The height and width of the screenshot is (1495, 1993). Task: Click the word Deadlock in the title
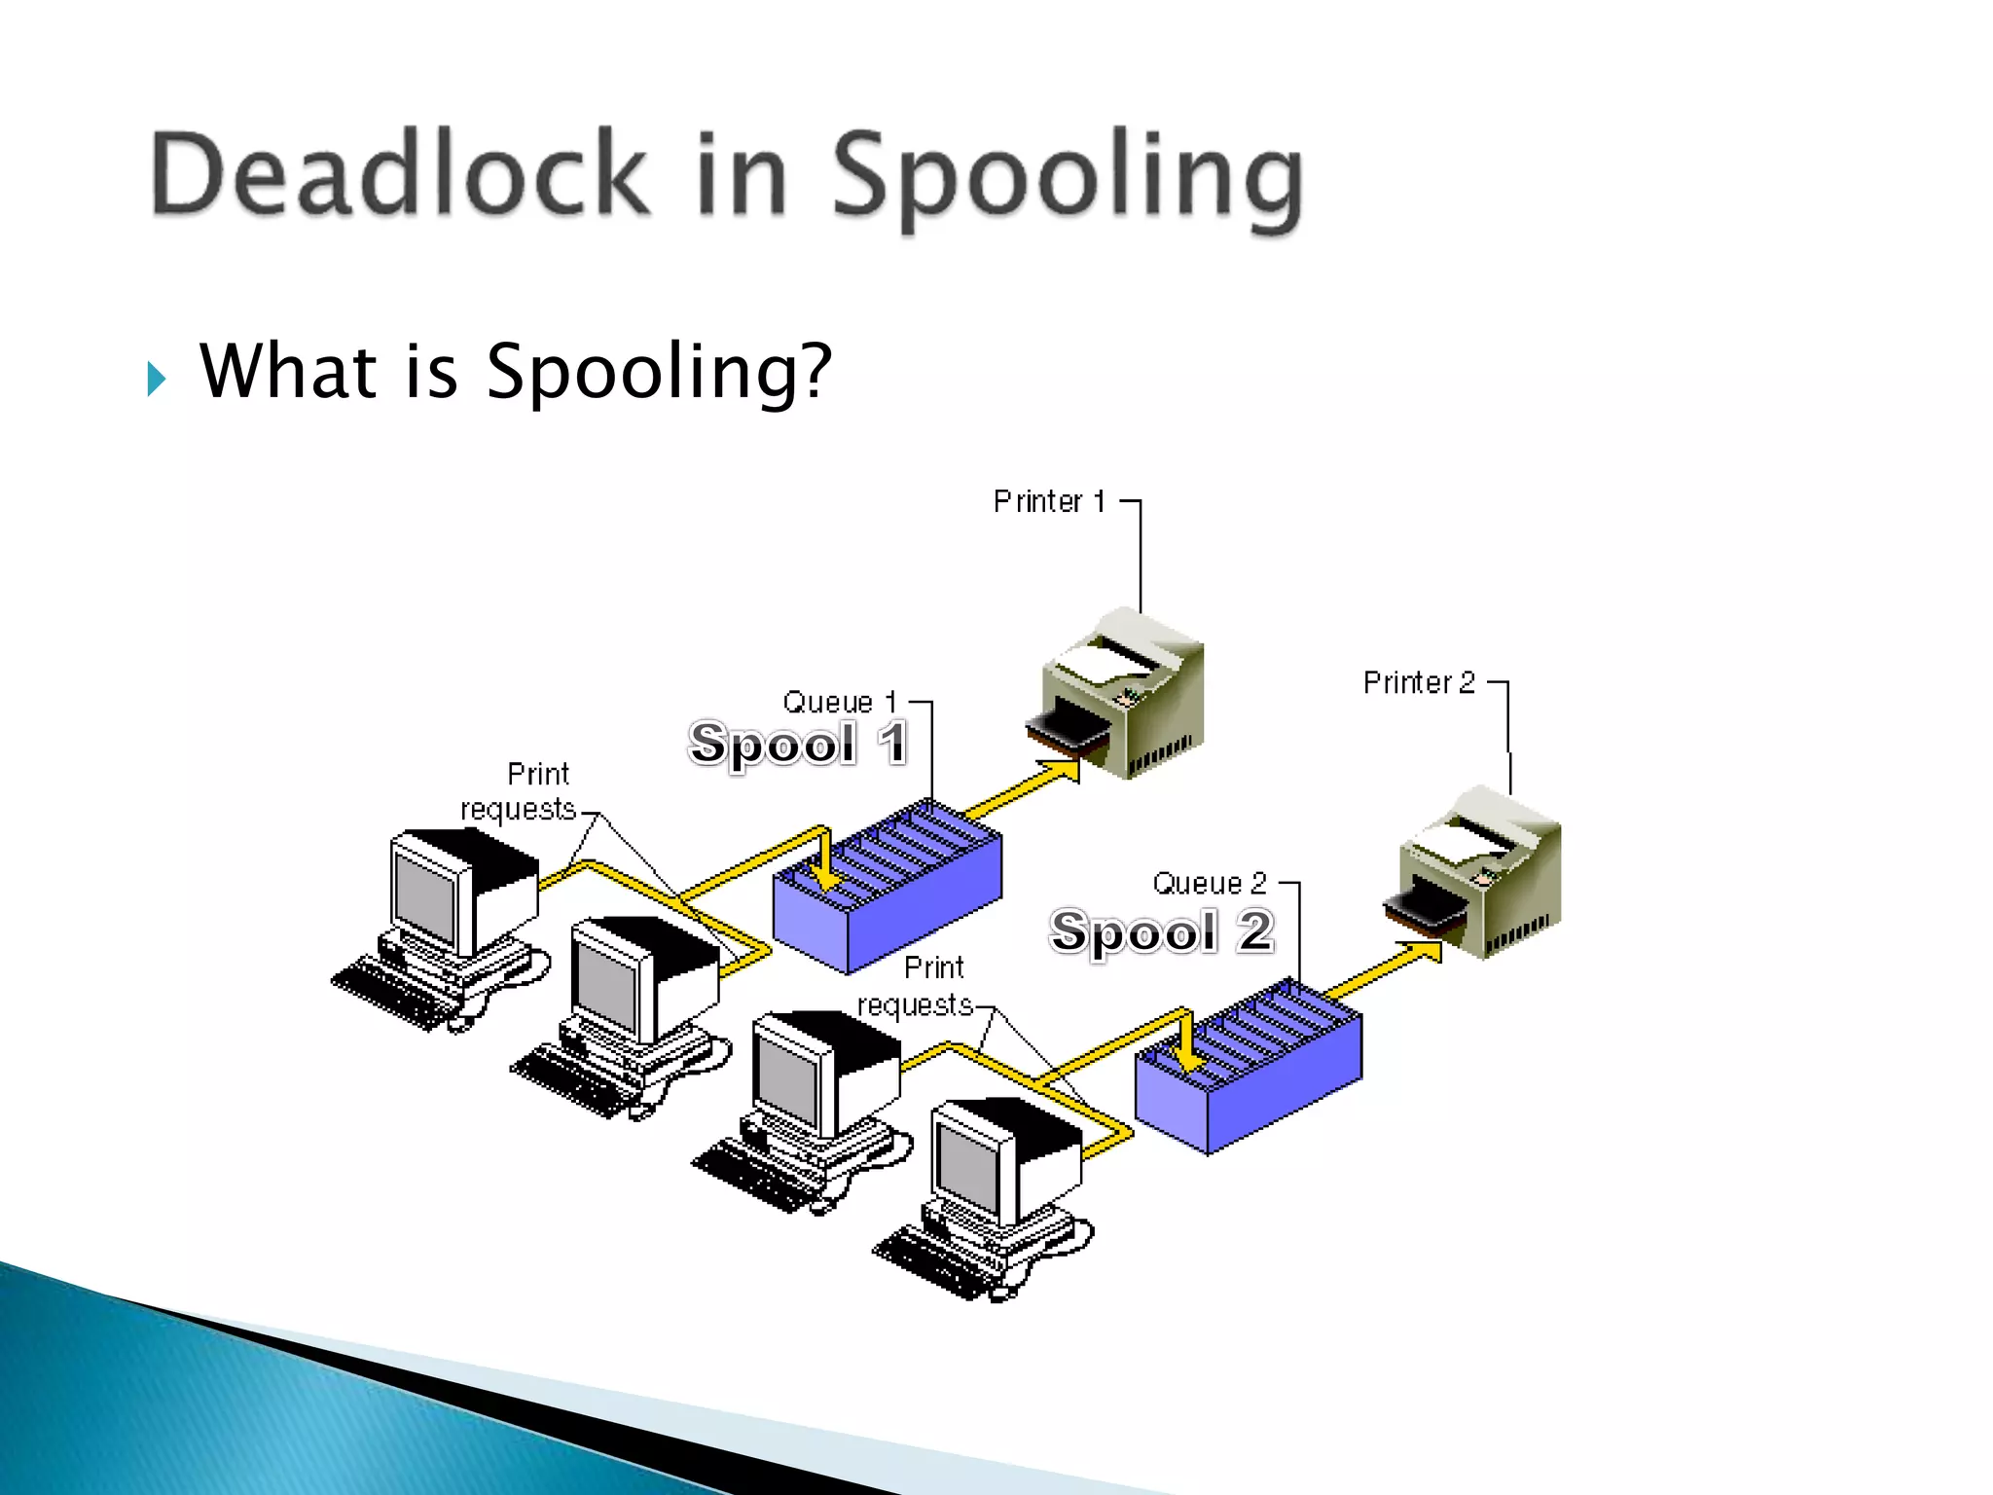click(x=399, y=175)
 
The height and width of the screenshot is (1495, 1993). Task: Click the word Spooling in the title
click(x=1067, y=180)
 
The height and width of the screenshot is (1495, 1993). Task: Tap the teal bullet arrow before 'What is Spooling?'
click(x=157, y=378)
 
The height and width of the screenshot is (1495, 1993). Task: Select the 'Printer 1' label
click(x=1049, y=502)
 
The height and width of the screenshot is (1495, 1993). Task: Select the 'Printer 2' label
click(x=1419, y=683)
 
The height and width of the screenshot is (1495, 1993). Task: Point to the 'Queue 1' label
click(x=839, y=703)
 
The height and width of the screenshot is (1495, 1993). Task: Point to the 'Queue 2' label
click(x=1210, y=884)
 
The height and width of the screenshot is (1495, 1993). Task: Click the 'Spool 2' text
click(x=1161, y=931)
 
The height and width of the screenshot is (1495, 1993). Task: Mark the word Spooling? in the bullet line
click(x=659, y=374)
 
